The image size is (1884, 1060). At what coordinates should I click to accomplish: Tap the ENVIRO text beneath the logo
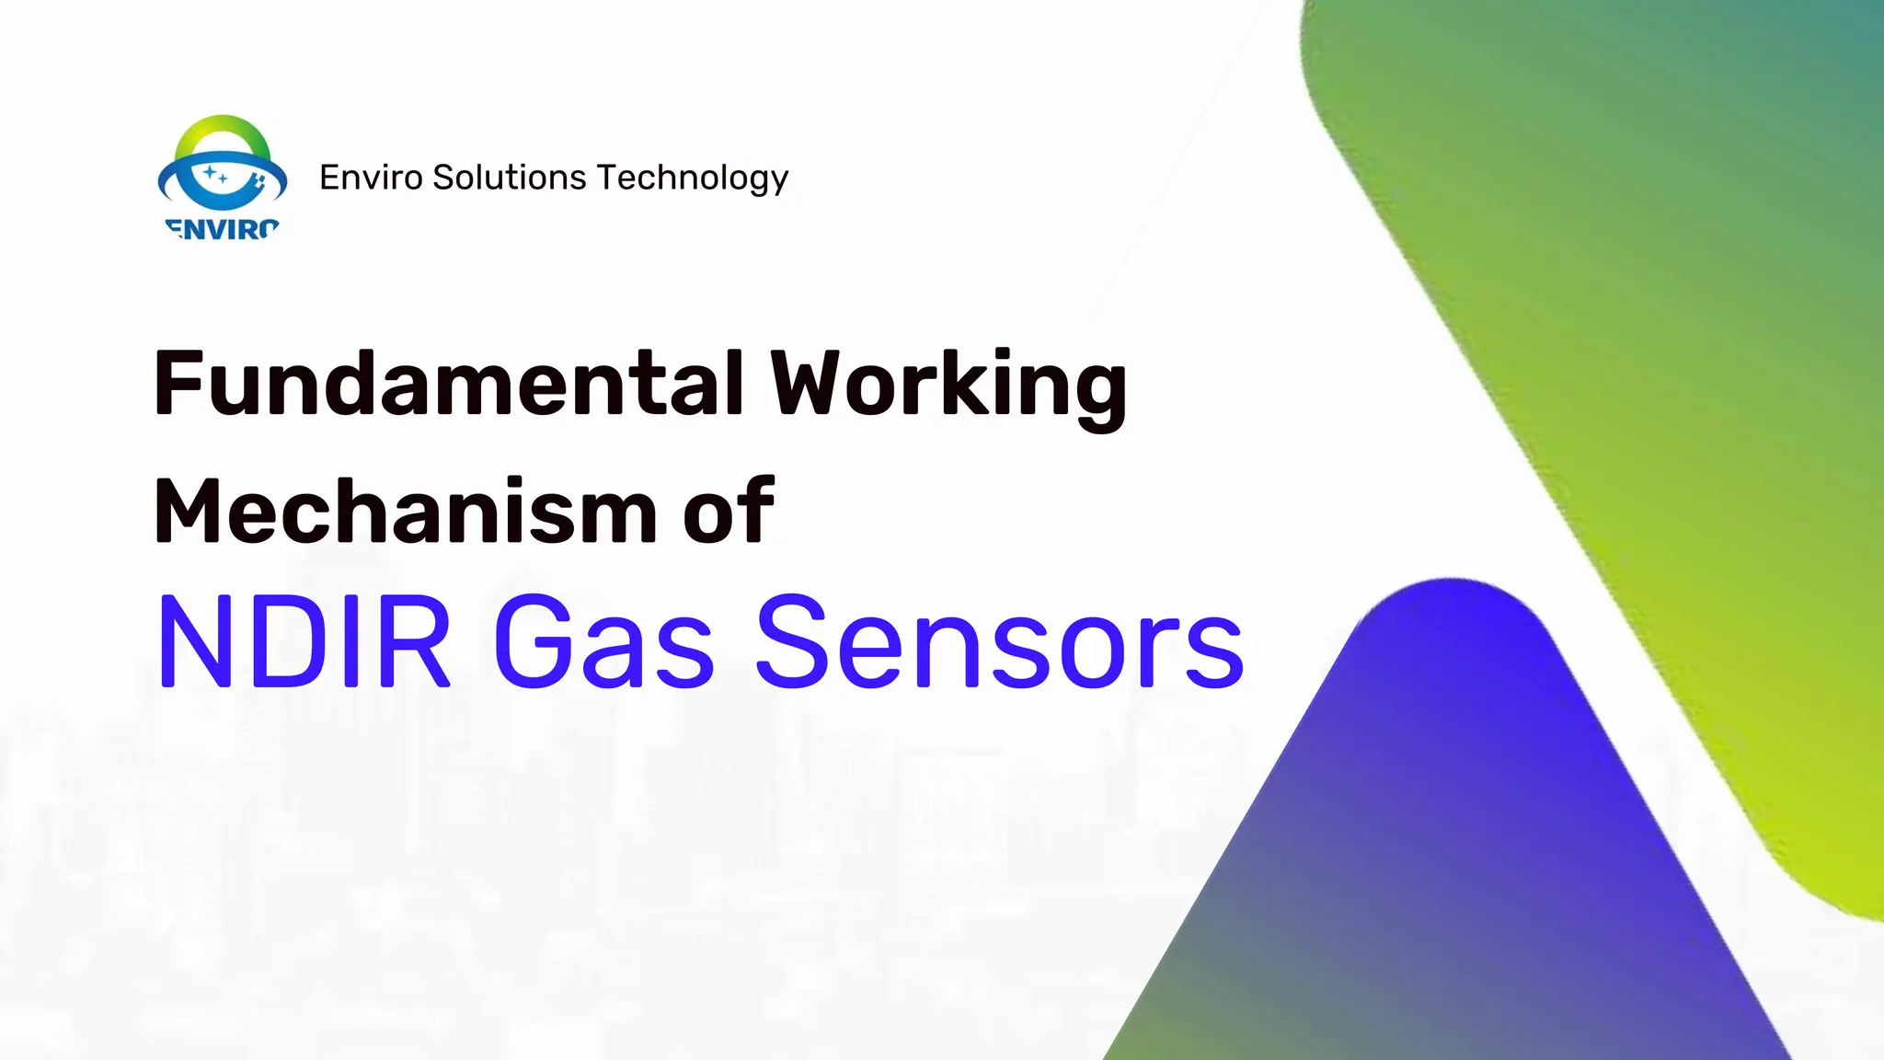tap(222, 229)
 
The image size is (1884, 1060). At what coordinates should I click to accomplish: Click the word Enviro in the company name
tap(371, 178)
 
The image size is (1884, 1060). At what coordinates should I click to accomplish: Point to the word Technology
tap(692, 179)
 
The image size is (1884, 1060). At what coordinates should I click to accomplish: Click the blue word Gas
tap(603, 642)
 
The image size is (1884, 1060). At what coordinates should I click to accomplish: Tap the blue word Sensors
tap(999, 642)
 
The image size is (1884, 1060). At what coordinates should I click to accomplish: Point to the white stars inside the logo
tap(215, 174)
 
